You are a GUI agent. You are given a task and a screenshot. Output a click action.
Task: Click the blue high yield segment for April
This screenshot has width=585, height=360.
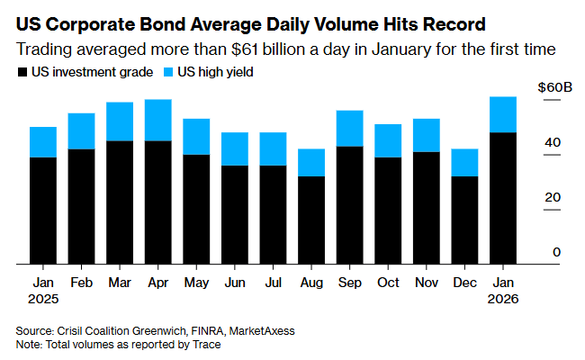[158, 120]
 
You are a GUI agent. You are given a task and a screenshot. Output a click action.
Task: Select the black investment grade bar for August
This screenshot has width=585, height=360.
[311, 220]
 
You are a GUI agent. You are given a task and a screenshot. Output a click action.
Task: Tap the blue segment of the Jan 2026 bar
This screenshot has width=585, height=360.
[503, 114]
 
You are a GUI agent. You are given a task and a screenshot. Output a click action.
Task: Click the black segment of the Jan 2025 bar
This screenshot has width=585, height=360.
[43, 211]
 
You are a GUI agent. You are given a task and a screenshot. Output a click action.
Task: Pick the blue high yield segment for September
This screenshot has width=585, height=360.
[349, 129]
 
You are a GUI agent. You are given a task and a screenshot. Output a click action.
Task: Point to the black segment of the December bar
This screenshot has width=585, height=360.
[464, 220]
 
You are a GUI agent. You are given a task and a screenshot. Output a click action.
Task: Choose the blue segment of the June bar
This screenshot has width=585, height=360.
[235, 148]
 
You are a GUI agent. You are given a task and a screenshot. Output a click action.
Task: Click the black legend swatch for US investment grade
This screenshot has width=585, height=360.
[22, 71]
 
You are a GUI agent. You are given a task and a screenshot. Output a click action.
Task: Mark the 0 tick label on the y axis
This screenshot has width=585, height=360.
[556, 252]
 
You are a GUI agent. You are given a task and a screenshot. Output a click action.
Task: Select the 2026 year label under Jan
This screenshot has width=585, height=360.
[503, 297]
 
